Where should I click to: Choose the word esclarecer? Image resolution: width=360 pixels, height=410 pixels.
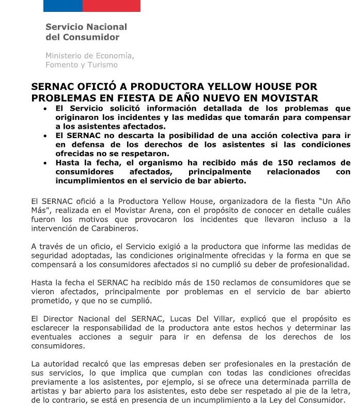pos(51,327)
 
